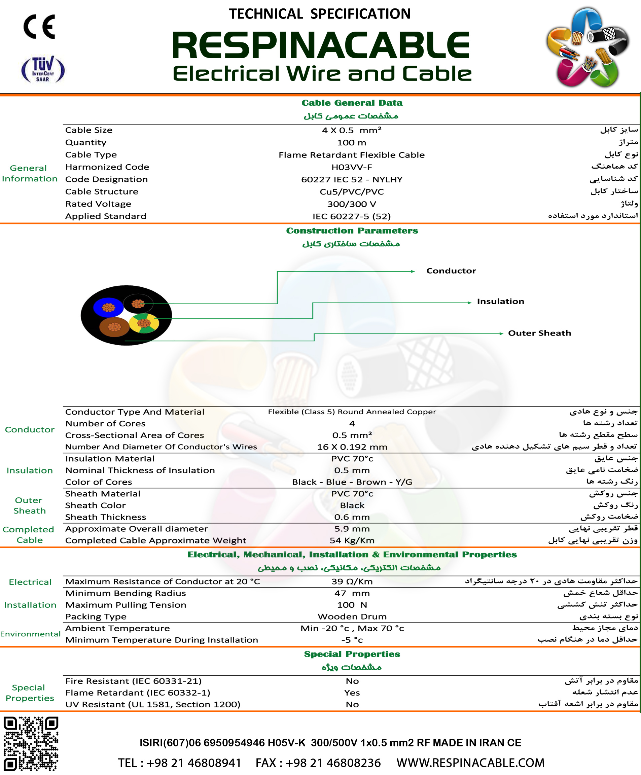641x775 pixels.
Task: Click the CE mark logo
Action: [39, 27]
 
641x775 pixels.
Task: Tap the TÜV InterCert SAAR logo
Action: [43, 69]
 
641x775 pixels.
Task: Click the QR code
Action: [31, 744]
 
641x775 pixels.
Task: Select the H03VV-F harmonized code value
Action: [352, 167]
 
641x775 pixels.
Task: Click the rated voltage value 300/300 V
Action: [352, 204]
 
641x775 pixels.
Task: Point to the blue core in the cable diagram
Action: [108, 307]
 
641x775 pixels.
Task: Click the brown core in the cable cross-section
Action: [114, 327]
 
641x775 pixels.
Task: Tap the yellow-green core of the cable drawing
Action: [144, 323]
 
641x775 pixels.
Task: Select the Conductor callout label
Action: [451, 271]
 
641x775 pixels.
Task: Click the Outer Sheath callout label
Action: [539, 333]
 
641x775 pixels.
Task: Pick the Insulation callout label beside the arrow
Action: [500, 302]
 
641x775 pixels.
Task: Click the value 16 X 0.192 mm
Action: [352, 447]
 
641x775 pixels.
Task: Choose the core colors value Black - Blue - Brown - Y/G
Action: [352, 482]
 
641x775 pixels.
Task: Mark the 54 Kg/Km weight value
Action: [352, 541]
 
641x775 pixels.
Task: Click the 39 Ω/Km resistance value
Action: [352, 582]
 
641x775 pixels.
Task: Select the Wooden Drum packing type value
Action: [352, 617]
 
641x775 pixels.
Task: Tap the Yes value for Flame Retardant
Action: [352, 693]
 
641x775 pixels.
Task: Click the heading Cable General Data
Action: [352, 103]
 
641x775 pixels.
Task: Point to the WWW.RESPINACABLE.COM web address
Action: [470, 763]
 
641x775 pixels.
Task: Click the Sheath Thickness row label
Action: [106, 517]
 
